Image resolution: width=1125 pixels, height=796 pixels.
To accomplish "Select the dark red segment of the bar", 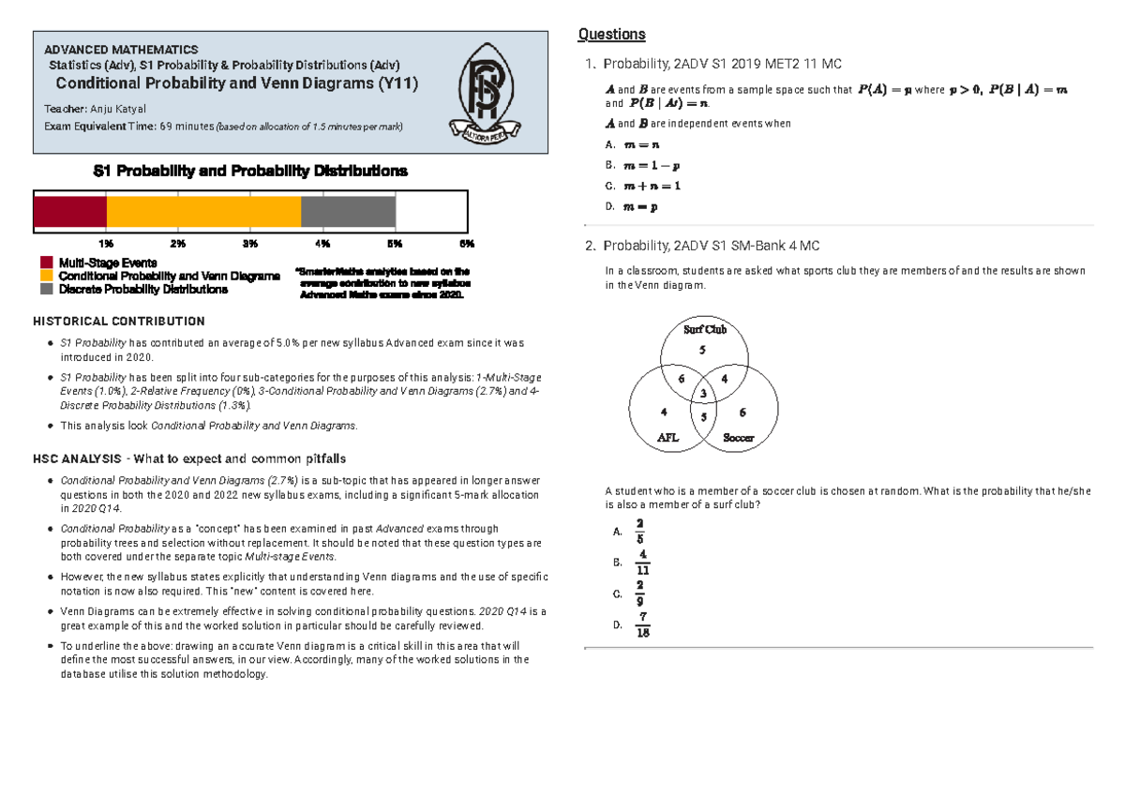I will [x=70, y=212].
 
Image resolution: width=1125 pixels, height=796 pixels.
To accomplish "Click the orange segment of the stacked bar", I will [x=203, y=212].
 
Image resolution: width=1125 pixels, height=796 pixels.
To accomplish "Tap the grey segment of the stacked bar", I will [x=348, y=212].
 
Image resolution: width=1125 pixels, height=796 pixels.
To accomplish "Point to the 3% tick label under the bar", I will [x=250, y=244].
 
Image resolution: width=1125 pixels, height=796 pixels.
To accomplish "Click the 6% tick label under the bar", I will [x=467, y=244].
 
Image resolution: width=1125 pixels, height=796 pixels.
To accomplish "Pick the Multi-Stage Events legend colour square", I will [x=46, y=263].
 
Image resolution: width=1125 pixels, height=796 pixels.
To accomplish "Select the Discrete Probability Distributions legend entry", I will [x=142, y=290].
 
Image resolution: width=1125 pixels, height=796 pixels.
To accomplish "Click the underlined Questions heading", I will [x=611, y=35].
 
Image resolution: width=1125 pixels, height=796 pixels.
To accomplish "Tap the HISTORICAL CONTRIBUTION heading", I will [x=119, y=321].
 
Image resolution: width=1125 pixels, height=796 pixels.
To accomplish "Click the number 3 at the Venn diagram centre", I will [x=703, y=393].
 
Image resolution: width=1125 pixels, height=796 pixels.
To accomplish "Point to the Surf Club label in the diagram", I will [x=704, y=329].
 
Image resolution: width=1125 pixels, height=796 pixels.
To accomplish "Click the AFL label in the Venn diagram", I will [x=667, y=437].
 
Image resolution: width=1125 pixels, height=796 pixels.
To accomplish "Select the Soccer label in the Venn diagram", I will [x=737, y=438].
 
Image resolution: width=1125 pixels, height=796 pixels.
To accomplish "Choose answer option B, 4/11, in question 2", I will [x=641, y=563].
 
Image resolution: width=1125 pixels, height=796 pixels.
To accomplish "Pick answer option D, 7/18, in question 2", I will [x=641, y=625].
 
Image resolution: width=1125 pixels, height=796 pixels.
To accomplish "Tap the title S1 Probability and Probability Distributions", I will [x=250, y=172].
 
